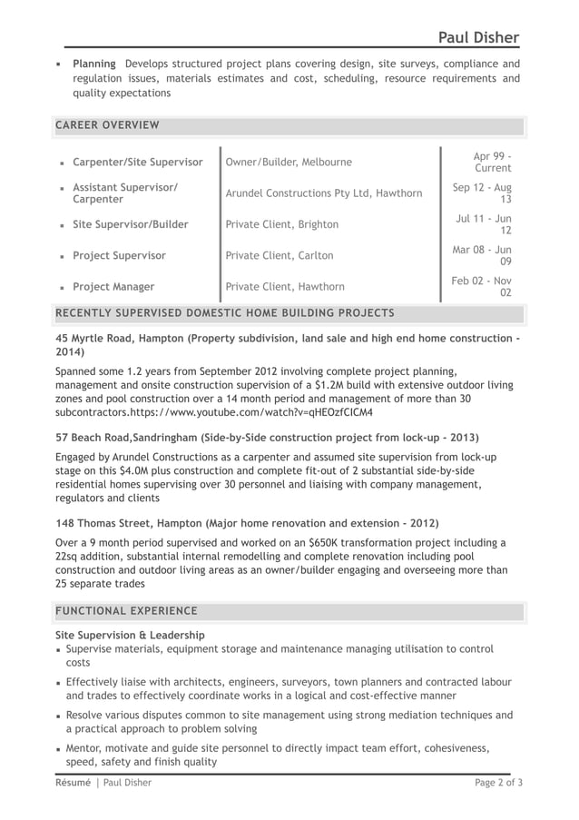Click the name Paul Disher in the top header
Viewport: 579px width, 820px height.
(x=477, y=36)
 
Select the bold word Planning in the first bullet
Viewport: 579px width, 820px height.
(x=93, y=64)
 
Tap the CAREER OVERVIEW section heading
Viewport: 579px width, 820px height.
(x=107, y=124)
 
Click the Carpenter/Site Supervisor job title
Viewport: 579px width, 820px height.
(x=137, y=162)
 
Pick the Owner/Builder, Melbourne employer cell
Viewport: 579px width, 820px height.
(x=288, y=162)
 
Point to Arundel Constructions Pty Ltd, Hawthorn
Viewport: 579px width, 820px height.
(x=323, y=193)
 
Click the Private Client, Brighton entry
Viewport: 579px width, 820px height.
(x=281, y=224)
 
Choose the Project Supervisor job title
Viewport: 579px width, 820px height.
(x=119, y=255)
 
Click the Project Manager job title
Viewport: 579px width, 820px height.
(x=113, y=287)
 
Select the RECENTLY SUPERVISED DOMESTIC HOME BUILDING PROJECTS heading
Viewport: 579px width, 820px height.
(x=225, y=313)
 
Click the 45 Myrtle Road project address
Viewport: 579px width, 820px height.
(x=94, y=338)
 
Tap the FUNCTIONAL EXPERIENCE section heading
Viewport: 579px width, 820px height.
(x=126, y=610)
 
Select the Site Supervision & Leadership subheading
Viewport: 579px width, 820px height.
(x=130, y=635)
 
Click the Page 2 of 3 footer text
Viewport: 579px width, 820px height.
(x=499, y=782)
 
